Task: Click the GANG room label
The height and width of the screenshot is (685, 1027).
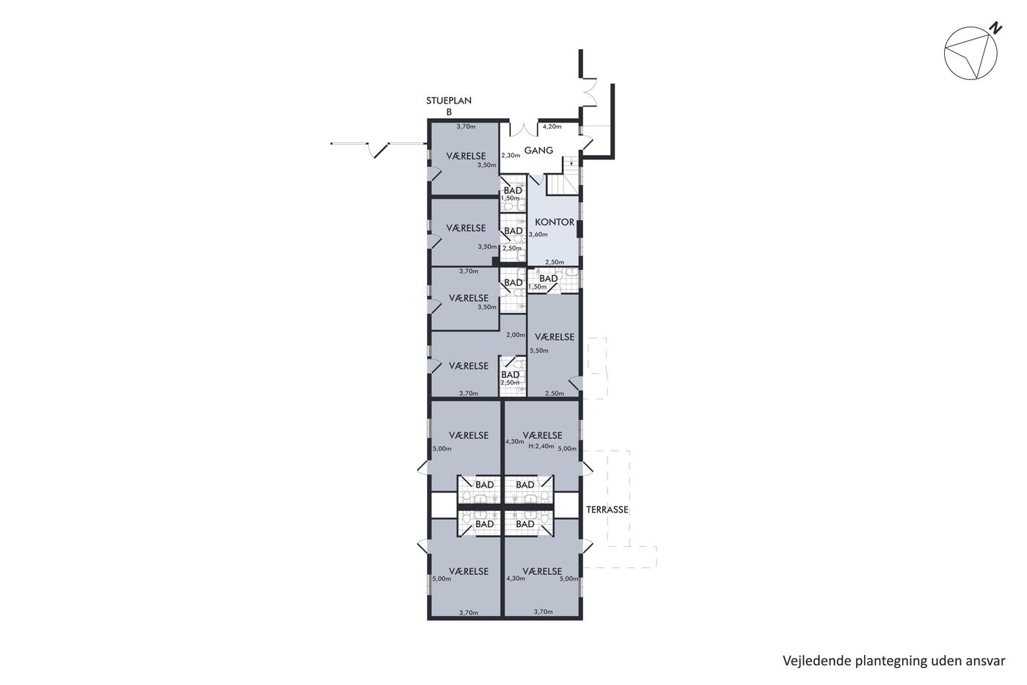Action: (538, 150)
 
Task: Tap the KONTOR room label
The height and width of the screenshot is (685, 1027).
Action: (555, 222)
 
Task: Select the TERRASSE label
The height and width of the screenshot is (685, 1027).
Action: (607, 510)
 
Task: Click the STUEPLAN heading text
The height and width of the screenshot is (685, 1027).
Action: (449, 101)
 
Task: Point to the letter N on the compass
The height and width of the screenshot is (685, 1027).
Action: (995, 29)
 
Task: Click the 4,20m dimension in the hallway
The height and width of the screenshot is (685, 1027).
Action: (552, 126)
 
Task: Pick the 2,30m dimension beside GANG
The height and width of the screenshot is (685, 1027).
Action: (511, 156)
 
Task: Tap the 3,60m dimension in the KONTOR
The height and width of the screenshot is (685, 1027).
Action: (538, 234)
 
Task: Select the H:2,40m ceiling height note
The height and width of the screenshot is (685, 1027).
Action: (541, 446)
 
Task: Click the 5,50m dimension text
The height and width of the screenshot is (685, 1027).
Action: (539, 350)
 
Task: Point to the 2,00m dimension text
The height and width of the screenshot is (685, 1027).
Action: (516, 335)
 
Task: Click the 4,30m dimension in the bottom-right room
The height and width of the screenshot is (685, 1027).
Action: (516, 579)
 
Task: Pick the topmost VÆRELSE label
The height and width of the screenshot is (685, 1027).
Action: (466, 156)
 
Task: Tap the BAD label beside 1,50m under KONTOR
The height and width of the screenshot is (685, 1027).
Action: (549, 278)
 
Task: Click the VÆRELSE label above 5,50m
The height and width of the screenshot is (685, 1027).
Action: (555, 337)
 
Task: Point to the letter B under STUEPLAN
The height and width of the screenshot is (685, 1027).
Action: (449, 112)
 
